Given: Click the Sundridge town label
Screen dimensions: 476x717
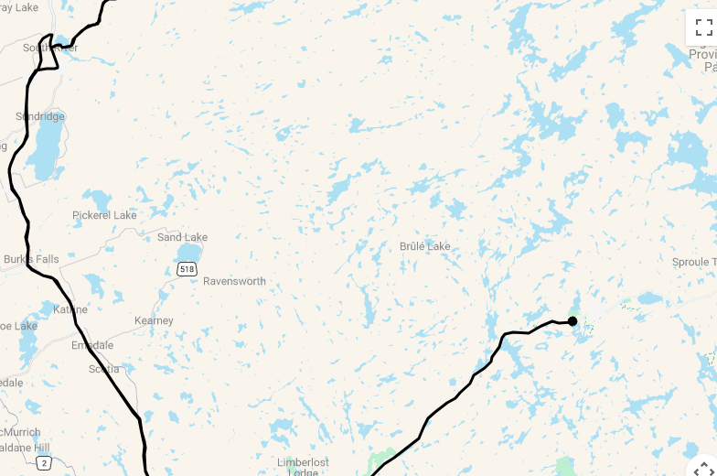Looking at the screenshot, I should click(x=40, y=117).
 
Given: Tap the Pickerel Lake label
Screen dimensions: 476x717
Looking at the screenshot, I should click(x=104, y=215).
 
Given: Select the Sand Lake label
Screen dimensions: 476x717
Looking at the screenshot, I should click(x=182, y=237).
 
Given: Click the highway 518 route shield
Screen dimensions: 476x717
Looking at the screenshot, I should click(x=187, y=269).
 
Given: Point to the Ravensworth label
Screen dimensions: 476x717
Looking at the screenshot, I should click(x=234, y=281).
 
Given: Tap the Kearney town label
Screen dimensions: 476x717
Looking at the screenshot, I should click(x=154, y=320).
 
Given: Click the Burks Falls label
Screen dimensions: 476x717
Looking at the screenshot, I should click(x=31, y=259).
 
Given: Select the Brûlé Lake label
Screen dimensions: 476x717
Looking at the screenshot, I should click(x=424, y=246).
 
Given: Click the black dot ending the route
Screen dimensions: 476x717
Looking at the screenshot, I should click(x=573, y=320).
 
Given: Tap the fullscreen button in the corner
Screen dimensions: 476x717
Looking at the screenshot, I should click(x=702, y=27).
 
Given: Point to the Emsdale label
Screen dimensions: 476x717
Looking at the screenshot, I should click(x=92, y=345).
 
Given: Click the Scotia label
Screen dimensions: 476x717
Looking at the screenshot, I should click(x=103, y=369).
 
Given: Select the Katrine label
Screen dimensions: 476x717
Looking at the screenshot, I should click(x=70, y=309).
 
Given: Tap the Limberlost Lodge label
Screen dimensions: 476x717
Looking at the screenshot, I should click(x=303, y=467).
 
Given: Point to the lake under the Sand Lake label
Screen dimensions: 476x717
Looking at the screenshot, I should click(x=189, y=252).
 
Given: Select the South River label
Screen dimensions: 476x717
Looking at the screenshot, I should click(x=50, y=48).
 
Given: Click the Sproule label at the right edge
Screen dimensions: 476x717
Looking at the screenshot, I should click(x=693, y=262).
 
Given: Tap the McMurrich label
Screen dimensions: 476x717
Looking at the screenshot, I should click(x=20, y=431).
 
